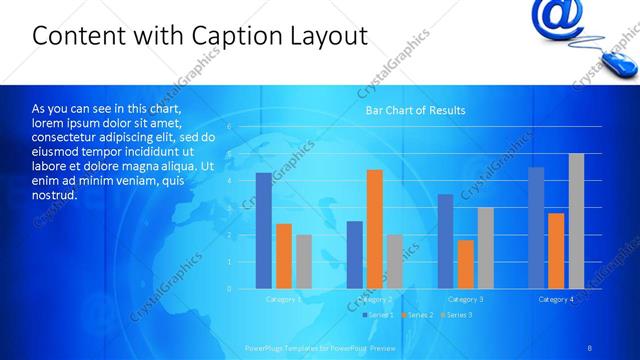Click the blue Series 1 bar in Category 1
[263, 231]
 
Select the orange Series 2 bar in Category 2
[374, 229]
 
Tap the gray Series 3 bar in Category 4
[576, 221]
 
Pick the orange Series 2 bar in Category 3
[465, 264]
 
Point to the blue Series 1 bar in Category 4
[536, 228]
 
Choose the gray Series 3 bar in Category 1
[304, 262]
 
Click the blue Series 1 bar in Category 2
[354, 255]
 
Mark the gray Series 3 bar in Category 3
[485, 248]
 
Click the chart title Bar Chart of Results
[414, 110]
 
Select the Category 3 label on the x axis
[465, 299]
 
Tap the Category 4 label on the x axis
[556, 299]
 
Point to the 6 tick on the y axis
[229, 127]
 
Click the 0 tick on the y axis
[229, 289]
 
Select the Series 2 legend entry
[418, 315]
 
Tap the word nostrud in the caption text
[54, 194]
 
